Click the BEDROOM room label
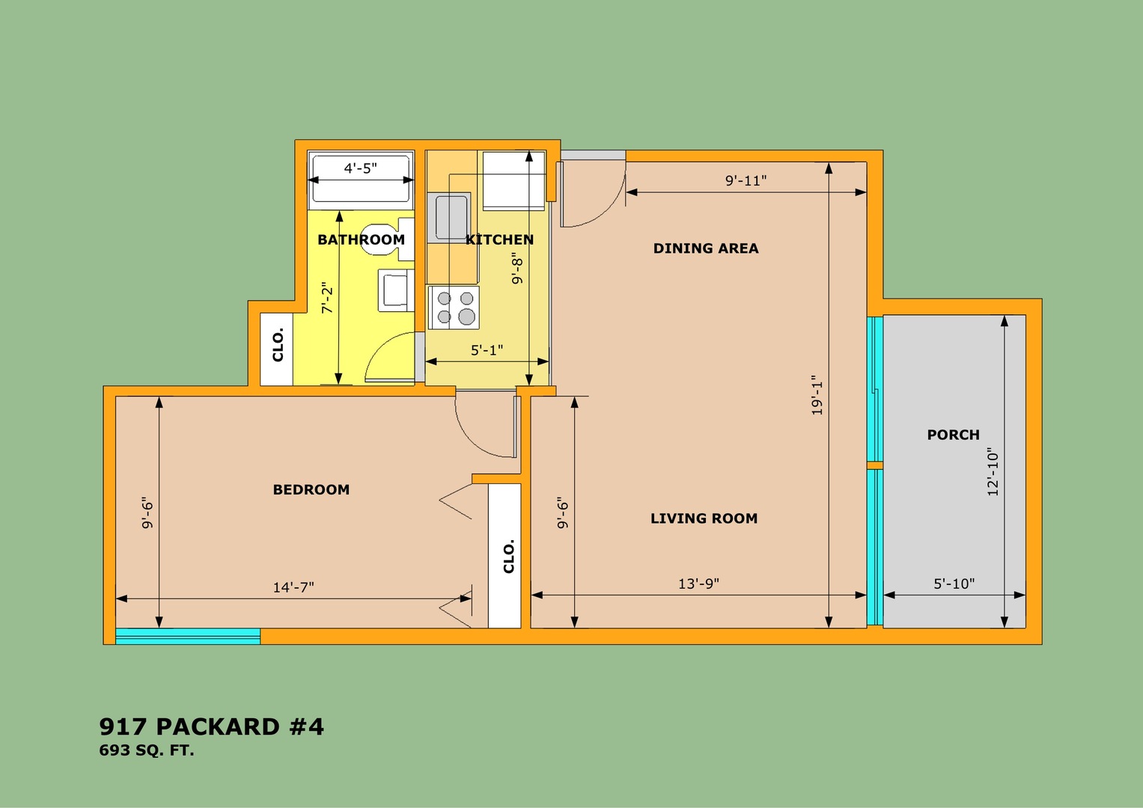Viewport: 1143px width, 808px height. pos(311,490)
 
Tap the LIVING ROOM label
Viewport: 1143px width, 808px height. pos(704,518)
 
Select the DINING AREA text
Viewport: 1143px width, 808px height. pos(706,248)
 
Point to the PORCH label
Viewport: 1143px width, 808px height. pos(953,435)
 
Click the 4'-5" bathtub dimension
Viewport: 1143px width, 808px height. pos(360,168)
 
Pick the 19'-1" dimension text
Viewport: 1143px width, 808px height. pos(817,395)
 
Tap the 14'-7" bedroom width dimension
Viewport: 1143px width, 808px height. pos(293,587)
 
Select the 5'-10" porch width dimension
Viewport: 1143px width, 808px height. pos(954,583)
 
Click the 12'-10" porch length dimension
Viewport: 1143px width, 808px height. pos(993,472)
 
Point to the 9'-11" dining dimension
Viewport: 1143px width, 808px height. pos(746,180)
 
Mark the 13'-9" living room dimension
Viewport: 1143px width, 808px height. pos(698,583)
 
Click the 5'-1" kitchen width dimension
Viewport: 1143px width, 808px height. pos(487,350)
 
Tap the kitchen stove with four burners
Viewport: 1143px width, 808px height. pos(454,307)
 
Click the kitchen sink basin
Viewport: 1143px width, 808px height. pos(452,218)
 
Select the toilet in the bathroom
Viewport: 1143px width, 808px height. pos(388,239)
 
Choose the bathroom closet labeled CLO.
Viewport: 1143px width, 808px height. pos(277,349)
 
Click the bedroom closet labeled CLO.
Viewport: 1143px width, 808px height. pos(505,555)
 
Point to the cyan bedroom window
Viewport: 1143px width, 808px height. pos(188,636)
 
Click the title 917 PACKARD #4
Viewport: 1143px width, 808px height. pos(211,727)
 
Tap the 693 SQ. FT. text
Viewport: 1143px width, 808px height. pos(147,751)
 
